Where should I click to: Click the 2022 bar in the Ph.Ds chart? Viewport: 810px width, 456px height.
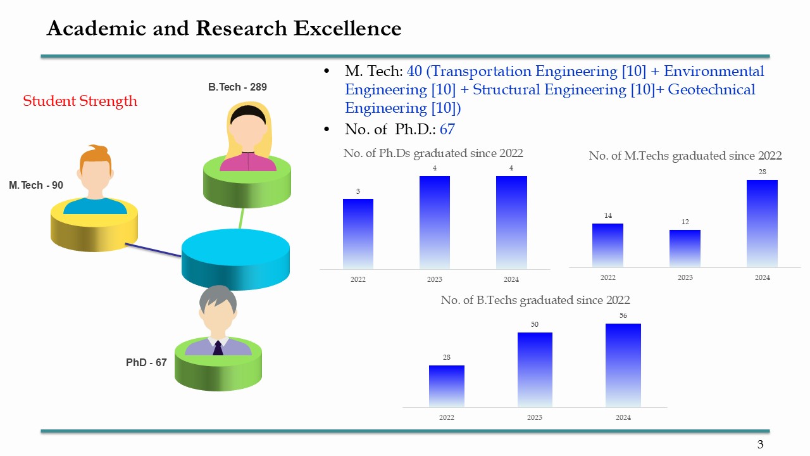(x=358, y=233)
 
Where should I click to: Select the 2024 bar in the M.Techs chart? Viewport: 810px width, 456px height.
(x=762, y=223)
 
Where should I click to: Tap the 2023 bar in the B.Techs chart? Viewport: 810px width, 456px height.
(x=535, y=369)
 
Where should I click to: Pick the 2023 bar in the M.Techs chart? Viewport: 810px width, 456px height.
(x=685, y=248)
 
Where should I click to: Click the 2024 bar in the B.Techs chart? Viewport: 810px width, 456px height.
(x=623, y=365)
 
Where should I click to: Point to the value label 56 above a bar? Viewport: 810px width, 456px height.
(x=623, y=315)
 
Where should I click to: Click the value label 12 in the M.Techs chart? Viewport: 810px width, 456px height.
(x=685, y=222)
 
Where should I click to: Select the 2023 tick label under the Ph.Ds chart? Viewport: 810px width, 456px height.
(x=435, y=279)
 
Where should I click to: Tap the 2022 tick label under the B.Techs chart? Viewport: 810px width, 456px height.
(x=447, y=417)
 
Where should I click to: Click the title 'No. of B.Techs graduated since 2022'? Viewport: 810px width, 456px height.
(x=535, y=300)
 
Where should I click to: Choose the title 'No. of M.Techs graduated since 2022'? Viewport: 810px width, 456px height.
(x=685, y=156)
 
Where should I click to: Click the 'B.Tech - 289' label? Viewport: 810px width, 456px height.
(x=237, y=87)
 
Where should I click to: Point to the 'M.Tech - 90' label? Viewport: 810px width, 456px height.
(x=36, y=186)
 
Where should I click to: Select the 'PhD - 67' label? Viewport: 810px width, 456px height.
(x=146, y=363)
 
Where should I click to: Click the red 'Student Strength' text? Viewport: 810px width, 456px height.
(x=80, y=101)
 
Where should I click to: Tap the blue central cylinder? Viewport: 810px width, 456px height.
(x=235, y=260)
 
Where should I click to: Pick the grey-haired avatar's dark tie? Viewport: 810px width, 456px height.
(x=218, y=348)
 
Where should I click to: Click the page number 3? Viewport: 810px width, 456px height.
(x=761, y=445)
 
